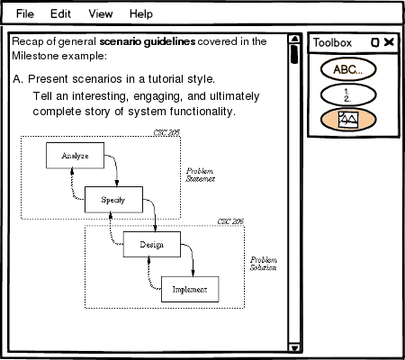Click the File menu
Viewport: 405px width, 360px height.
[x=25, y=13]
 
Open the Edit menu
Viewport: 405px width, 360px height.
[x=60, y=13]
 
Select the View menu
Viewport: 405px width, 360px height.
[x=101, y=13]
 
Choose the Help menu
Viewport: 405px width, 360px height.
[x=141, y=14]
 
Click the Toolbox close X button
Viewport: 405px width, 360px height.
[x=389, y=42]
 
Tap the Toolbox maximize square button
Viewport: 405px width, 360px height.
[x=375, y=42]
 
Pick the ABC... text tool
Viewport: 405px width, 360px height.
[x=348, y=69]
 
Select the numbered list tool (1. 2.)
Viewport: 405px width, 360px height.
[x=348, y=94]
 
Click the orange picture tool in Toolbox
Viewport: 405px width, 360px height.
[x=348, y=120]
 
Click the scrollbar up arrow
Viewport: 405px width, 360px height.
[x=294, y=39]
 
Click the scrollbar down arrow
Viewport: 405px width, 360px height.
[x=294, y=347]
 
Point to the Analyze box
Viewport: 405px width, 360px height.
[x=75, y=156]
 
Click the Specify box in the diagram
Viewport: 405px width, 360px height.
[x=113, y=200]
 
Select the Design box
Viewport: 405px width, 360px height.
[x=152, y=244]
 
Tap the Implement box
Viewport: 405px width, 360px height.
[x=190, y=289]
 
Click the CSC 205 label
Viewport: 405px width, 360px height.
[x=166, y=132]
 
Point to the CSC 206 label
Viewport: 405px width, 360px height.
[x=230, y=221]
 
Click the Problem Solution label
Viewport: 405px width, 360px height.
[x=264, y=264]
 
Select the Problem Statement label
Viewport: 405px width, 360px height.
[x=201, y=175]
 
